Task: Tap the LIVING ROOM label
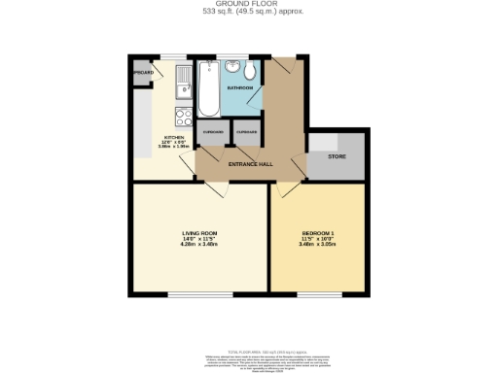(x=199, y=233)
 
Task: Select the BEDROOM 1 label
(x=318, y=233)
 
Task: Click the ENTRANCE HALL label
(x=250, y=163)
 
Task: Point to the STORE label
(x=337, y=155)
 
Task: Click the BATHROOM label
(x=239, y=88)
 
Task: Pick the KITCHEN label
(x=174, y=138)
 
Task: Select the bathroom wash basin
(x=233, y=67)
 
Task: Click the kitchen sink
(x=180, y=89)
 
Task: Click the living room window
(x=198, y=293)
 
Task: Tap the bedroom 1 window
(x=317, y=293)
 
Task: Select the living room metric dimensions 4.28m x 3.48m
(x=199, y=244)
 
